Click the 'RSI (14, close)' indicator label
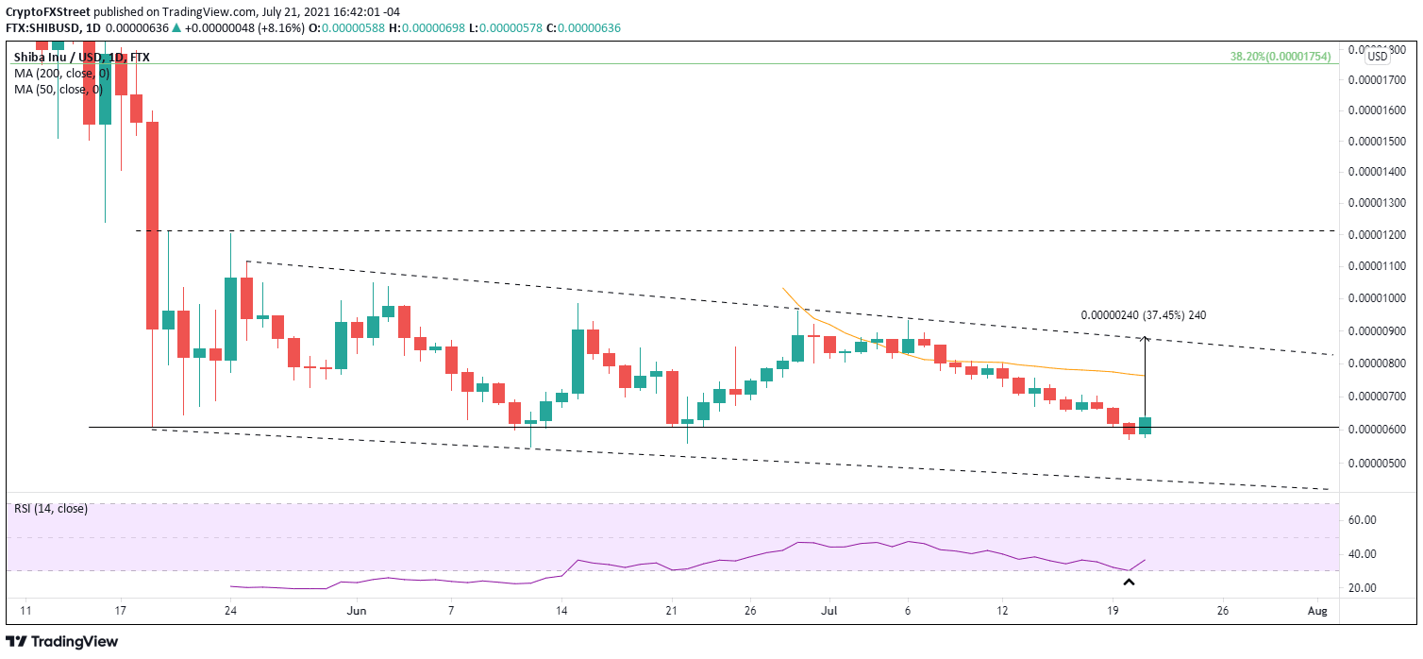51,509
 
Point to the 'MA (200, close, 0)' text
58,73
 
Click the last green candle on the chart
1145,425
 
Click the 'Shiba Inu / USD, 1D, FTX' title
81,57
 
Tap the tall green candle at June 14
577,361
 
